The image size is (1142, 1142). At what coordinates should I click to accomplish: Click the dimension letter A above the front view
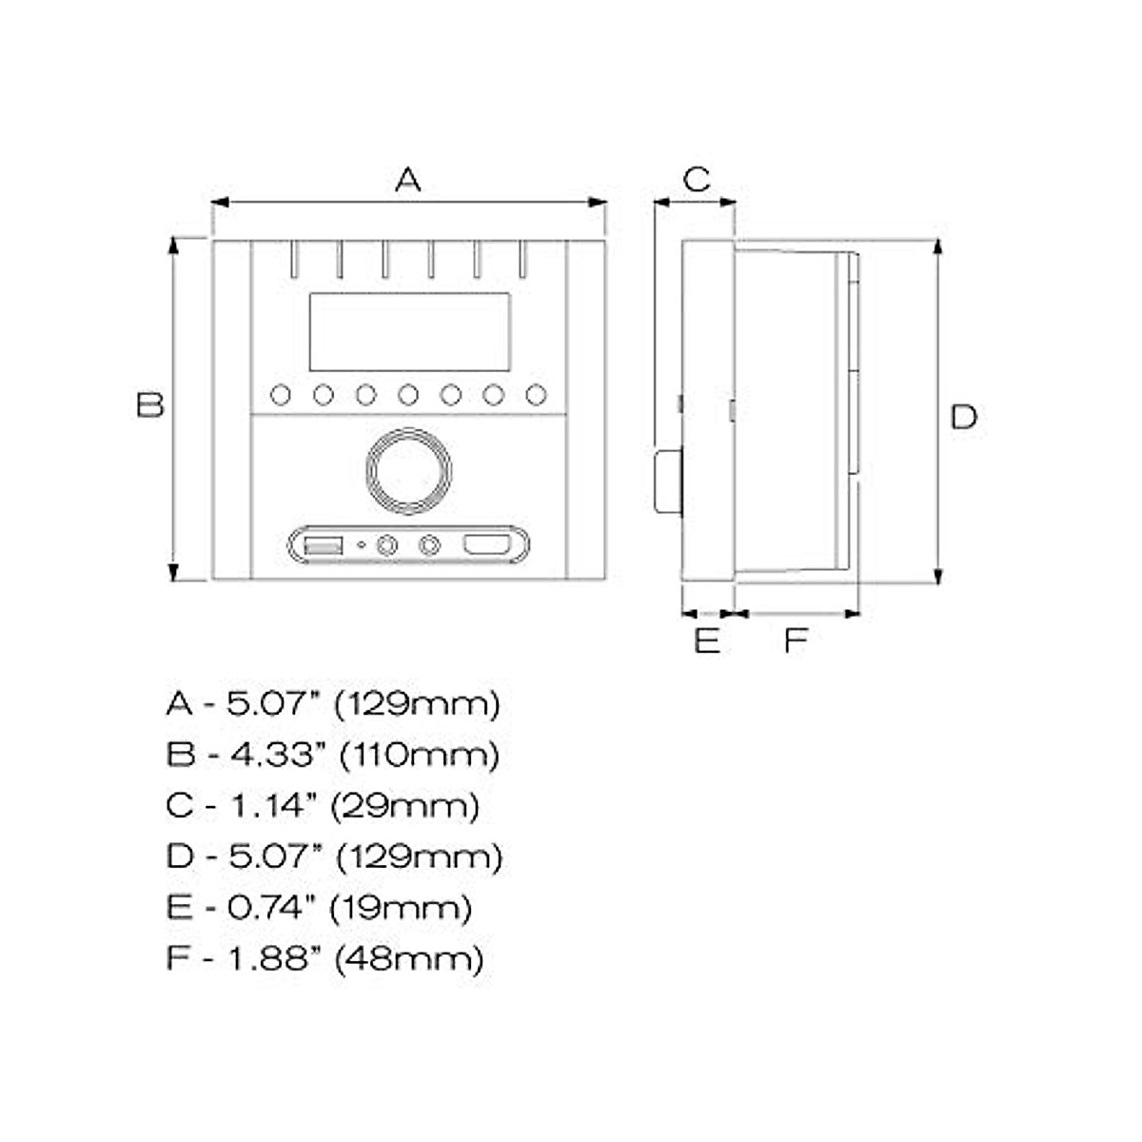[x=407, y=178]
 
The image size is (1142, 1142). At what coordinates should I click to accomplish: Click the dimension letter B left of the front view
[x=149, y=404]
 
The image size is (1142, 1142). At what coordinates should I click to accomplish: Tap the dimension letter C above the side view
[x=696, y=178]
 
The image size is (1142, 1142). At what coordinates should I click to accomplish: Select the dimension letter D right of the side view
[x=963, y=417]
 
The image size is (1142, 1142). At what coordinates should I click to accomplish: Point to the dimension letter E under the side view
[x=706, y=640]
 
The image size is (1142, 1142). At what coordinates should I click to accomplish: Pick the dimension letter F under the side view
[x=795, y=640]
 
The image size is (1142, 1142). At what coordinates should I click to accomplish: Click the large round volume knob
[x=407, y=468]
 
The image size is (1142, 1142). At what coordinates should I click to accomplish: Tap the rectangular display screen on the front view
[x=409, y=331]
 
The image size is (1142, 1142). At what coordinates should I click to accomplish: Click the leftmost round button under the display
[x=281, y=394]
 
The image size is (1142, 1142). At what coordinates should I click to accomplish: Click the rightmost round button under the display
[x=536, y=394]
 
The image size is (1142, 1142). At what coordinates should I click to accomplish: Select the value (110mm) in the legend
[x=419, y=756]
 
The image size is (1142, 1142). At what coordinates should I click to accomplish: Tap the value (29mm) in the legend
[x=404, y=806]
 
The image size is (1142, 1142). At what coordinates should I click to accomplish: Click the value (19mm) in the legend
[x=401, y=907]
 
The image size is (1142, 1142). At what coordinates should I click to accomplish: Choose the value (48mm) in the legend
[x=409, y=957]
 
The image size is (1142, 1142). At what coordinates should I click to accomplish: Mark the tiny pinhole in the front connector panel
[x=360, y=546]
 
